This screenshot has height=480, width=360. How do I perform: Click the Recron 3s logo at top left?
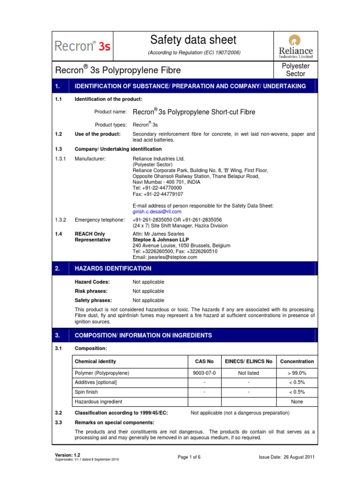82,46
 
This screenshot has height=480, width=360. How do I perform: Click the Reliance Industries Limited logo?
296,45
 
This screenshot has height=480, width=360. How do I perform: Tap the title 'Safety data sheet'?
194,40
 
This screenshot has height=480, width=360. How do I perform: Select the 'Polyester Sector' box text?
295,70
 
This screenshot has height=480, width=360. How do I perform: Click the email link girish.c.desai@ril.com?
157,211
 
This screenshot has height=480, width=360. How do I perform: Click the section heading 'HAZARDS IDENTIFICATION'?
113,269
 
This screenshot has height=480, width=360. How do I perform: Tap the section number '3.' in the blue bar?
58,336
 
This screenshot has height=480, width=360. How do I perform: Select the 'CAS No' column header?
204,361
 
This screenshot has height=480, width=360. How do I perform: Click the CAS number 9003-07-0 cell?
204,373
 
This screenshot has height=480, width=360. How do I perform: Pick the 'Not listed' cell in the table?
248,373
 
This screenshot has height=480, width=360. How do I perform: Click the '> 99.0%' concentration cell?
297,373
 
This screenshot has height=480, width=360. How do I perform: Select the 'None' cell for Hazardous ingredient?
297,402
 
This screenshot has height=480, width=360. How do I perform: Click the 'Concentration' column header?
297,361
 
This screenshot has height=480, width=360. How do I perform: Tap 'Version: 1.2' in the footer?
67,455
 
